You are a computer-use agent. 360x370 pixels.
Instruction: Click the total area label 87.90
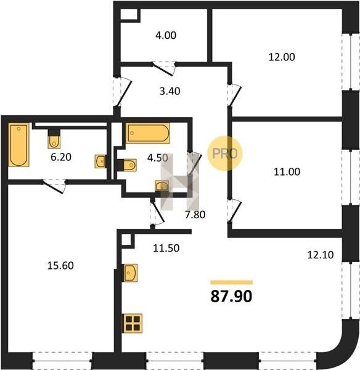click(231, 297)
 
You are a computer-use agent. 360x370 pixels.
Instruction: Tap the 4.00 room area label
click(166, 35)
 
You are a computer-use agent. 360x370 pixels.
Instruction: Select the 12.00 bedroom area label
click(282, 57)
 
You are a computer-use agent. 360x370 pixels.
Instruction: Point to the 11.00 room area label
click(287, 172)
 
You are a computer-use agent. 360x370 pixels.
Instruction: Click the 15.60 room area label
click(60, 266)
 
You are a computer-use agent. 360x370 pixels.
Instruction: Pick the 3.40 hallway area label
click(170, 91)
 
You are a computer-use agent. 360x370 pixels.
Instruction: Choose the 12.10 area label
click(321, 255)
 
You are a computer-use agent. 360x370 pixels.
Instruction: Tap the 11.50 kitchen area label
click(166, 249)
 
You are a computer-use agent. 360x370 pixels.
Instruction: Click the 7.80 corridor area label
click(195, 215)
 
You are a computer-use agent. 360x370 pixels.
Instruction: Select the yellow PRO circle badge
click(225, 154)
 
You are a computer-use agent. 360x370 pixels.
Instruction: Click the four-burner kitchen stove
click(133, 323)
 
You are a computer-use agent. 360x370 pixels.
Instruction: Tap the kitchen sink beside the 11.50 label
click(130, 273)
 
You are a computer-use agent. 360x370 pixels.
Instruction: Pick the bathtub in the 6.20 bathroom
click(19, 145)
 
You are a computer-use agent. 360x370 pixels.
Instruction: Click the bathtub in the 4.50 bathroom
click(148, 133)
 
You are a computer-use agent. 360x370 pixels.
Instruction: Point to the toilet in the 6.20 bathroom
click(54, 139)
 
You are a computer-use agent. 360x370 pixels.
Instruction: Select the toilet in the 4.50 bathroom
click(127, 165)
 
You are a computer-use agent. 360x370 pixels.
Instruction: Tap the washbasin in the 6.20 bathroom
click(100, 162)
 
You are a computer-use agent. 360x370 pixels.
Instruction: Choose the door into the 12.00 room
click(234, 96)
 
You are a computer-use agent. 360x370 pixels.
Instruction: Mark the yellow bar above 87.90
click(232, 282)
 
